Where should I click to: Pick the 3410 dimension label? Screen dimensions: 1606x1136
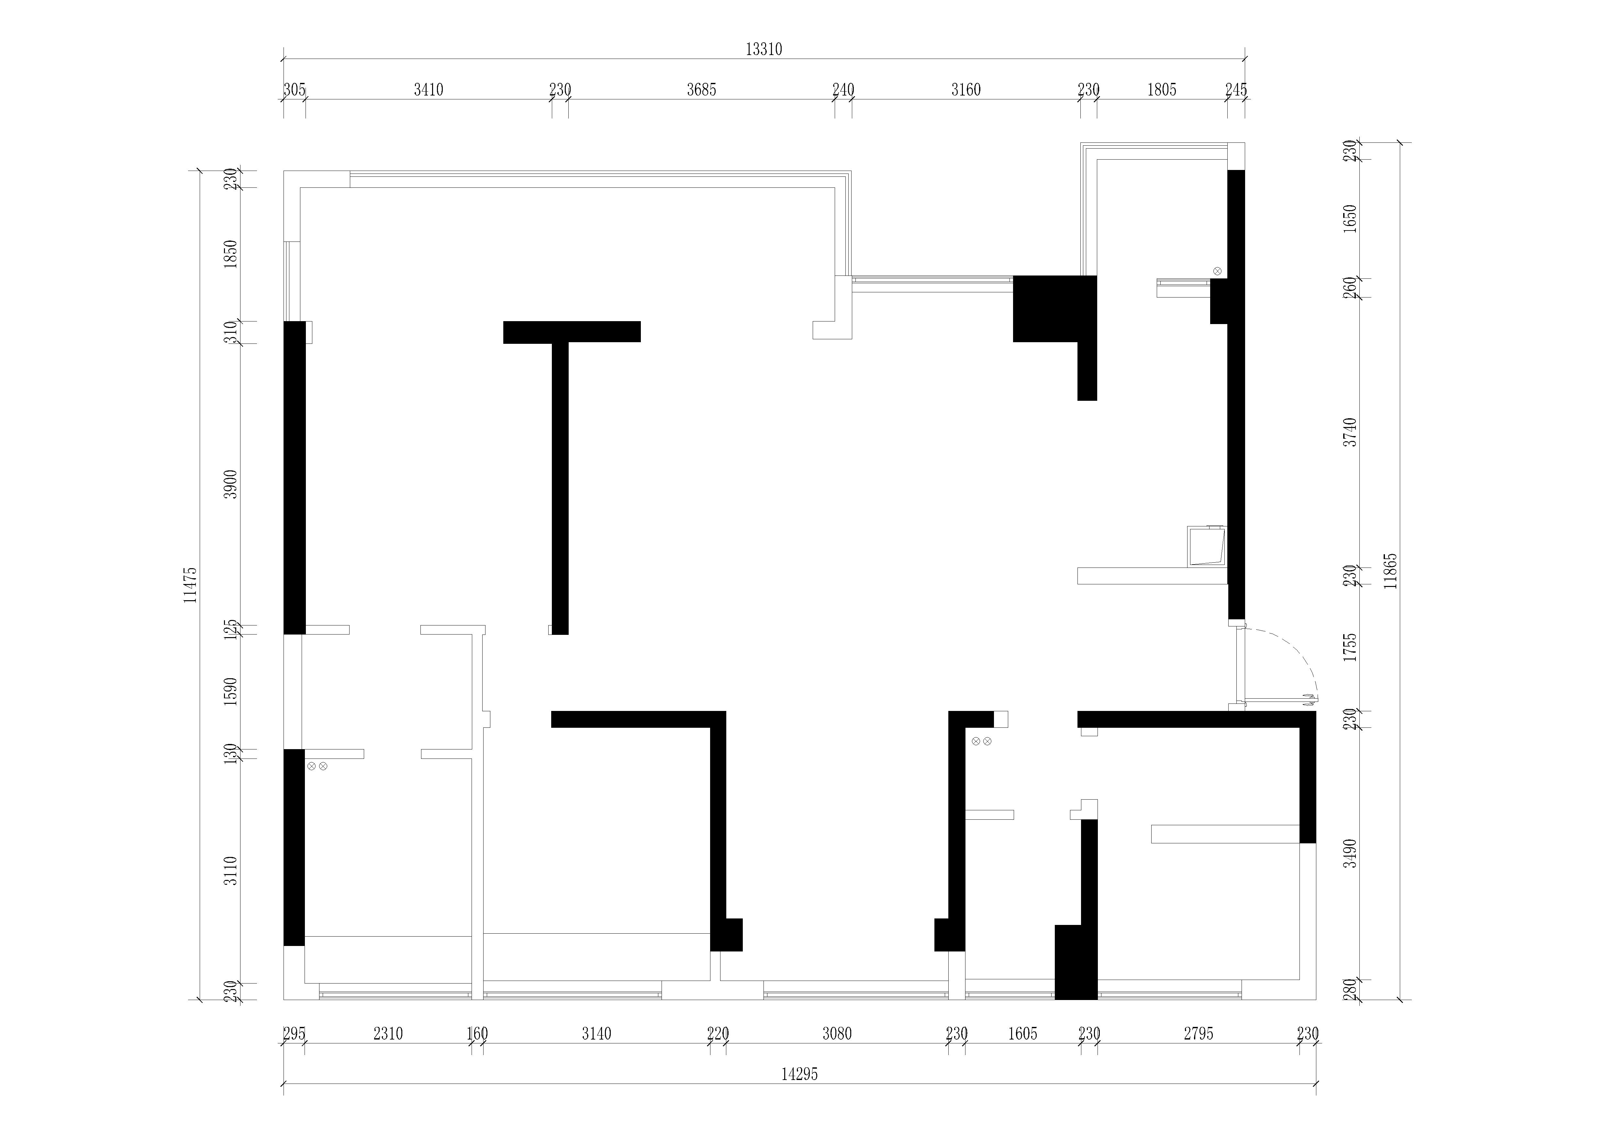[428, 90]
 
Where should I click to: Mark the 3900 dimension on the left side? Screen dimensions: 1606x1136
[231, 484]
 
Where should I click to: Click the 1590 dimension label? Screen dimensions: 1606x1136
[231, 691]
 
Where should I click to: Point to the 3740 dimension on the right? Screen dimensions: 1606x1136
[1350, 432]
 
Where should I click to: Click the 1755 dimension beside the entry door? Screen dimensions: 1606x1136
[1350, 647]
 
